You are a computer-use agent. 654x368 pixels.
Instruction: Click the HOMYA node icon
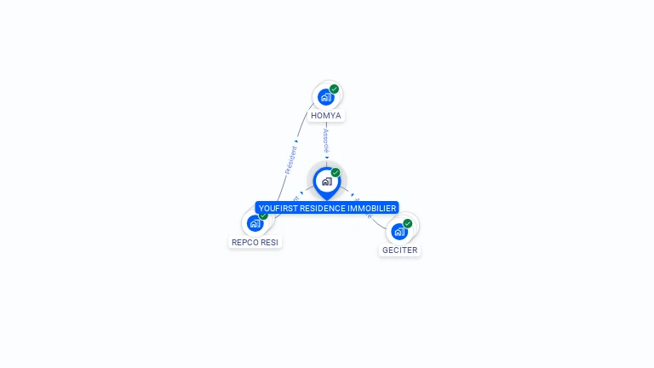(x=325, y=97)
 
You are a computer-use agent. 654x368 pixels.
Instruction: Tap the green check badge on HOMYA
(x=335, y=89)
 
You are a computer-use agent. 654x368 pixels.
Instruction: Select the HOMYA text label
(x=326, y=116)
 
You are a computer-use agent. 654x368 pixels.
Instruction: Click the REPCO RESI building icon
(x=255, y=223)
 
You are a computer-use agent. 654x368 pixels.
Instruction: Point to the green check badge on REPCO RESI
(x=263, y=216)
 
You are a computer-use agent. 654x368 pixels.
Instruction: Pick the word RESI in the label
(x=270, y=242)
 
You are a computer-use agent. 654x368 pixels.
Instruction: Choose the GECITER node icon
(x=399, y=231)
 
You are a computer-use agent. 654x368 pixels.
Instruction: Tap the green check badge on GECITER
(x=408, y=223)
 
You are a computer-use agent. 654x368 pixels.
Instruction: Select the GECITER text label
(x=400, y=250)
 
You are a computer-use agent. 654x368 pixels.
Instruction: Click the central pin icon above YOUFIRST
(x=326, y=181)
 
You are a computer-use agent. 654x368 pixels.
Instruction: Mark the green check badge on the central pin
(x=336, y=173)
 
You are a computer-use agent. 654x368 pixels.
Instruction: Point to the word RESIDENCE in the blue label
(x=327, y=208)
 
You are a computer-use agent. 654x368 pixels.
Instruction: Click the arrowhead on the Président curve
(x=296, y=141)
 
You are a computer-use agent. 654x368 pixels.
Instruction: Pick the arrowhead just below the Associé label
(x=326, y=157)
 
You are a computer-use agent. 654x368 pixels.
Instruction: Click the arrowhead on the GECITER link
(x=353, y=194)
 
